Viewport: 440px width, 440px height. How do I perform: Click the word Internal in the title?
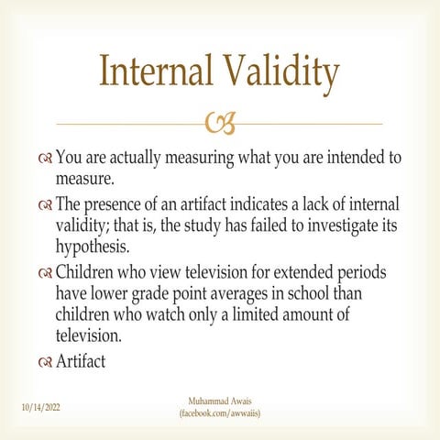coord(156,71)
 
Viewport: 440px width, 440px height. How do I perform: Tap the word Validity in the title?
coord(282,73)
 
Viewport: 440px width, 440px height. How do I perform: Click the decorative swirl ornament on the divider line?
coord(221,123)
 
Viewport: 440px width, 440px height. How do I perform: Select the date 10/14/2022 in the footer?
coord(41,407)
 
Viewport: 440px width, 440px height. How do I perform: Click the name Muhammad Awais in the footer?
coord(220,401)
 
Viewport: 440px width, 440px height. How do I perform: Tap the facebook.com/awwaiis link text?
coord(220,413)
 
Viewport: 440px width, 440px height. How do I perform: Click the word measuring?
coord(200,159)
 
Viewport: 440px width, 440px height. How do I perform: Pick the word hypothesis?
coord(93,247)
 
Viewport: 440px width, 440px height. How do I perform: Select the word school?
coord(308,293)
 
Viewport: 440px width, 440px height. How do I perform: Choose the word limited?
coord(255,314)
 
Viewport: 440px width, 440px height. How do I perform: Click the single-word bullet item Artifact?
coord(81,361)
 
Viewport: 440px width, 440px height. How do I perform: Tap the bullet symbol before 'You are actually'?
coord(45,159)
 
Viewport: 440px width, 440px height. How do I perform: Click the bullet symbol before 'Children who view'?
coord(45,273)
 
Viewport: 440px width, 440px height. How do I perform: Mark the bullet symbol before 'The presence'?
coord(45,205)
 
